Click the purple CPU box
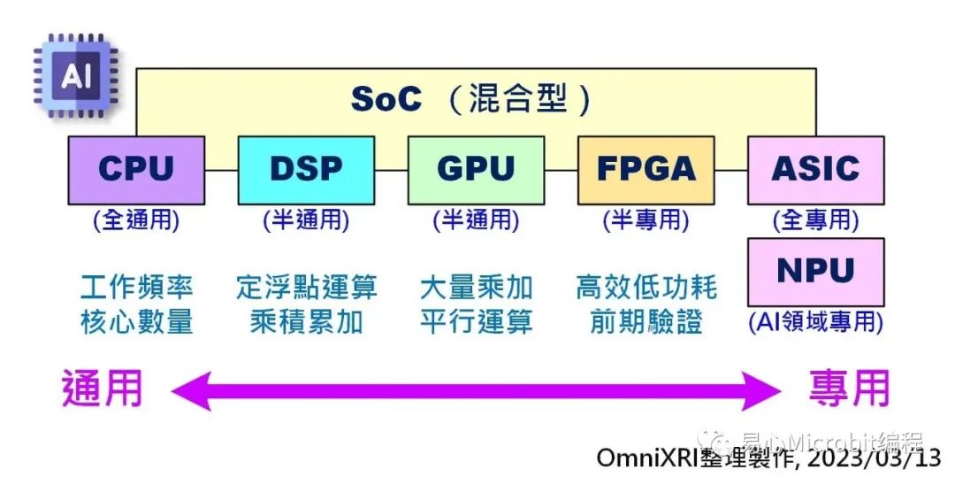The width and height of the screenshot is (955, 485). [x=136, y=170]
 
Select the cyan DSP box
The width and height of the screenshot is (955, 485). [x=306, y=170]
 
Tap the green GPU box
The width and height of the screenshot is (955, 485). [x=476, y=170]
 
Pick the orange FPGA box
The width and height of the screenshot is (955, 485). [x=646, y=170]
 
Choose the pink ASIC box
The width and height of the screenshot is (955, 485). [x=815, y=170]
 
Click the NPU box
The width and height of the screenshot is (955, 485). [x=815, y=271]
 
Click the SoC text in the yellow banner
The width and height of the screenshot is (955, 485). [x=386, y=99]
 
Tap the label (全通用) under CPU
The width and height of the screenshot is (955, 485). [x=136, y=220]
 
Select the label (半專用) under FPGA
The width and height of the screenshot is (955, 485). [x=646, y=220]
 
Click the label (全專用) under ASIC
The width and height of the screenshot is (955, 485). [x=815, y=220]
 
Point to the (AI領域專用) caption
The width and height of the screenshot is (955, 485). [x=815, y=322]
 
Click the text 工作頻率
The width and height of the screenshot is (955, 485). [x=136, y=287]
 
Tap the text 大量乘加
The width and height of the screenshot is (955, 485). [x=476, y=287]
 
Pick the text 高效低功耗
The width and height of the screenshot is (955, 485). [x=646, y=287]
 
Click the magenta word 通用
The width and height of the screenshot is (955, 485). [x=103, y=389]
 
